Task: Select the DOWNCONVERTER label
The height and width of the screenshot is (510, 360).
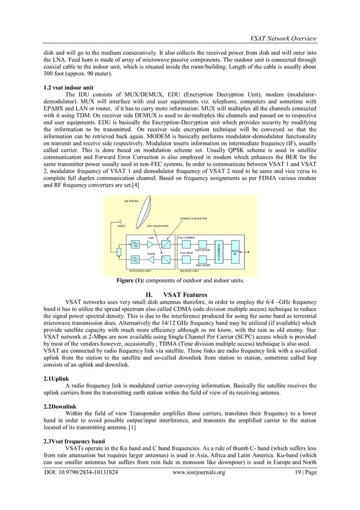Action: pos(194,218)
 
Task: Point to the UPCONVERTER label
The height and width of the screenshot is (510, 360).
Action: pos(158,226)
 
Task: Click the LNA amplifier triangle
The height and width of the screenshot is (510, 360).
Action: pos(151,244)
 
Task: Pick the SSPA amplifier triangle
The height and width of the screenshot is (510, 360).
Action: pos(151,260)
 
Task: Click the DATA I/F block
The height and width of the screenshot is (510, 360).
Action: pos(235,252)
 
